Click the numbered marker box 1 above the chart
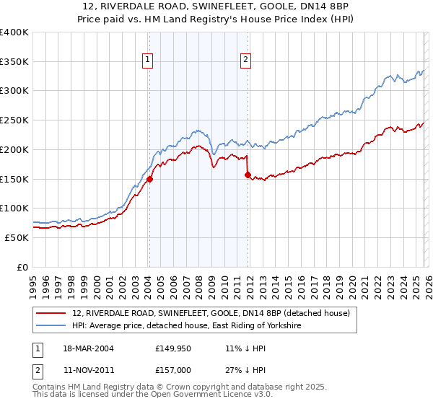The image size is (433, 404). coord(148,61)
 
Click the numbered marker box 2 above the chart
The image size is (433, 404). coord(245,61)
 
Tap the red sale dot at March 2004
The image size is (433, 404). coord(149,179)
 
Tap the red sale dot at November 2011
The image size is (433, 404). coord(248,175)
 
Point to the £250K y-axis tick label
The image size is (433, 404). coord(14,120)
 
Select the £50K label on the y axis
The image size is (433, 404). coord(17,237)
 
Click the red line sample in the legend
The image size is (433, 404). coord(52,313)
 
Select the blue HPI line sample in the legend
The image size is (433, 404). coord(52,326)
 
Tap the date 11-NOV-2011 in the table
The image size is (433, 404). coord(84,370)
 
